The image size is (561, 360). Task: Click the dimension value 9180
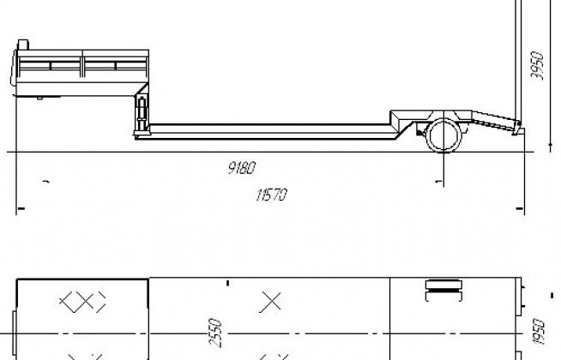(242, 167)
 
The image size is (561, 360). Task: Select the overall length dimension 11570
(272, 195)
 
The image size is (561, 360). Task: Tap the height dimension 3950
(537, 66)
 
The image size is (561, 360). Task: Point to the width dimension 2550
(215, 333)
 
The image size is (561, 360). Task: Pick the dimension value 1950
(539, 332)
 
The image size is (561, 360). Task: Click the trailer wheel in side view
(443, 135)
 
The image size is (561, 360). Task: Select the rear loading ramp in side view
(496, 122)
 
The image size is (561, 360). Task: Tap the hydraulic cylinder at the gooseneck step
(142, 113)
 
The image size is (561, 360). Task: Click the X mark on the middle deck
(271, 302)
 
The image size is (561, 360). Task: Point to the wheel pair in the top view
(443, 291)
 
